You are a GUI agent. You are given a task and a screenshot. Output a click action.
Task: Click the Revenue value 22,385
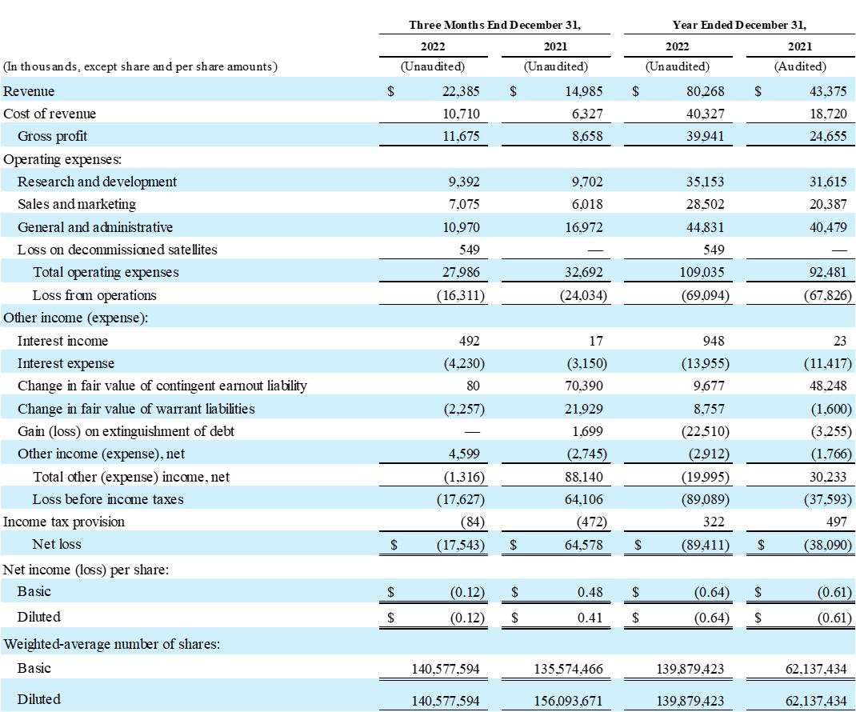[x=460, y=91]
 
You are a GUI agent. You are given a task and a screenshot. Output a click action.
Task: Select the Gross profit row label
[x=52, y=136]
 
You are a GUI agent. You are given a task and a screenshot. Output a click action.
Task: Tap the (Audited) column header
[x=800, y=66]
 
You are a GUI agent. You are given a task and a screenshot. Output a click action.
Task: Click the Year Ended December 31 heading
[x=739, y=25]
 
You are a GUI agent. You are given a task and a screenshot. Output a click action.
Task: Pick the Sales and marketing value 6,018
[x=587, y=204]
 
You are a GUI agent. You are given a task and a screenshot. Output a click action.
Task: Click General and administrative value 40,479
[x=828, y=227]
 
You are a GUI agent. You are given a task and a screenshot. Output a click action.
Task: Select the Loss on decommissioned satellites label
[x=117, y=250]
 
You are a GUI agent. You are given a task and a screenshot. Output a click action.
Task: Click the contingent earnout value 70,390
[x=585, y=386]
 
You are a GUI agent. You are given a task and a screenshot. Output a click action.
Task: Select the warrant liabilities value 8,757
[x=710, y=409]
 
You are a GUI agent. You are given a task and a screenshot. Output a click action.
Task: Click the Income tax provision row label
[x=64, y=522]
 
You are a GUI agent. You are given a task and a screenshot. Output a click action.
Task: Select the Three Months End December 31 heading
[x=494, y=25]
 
